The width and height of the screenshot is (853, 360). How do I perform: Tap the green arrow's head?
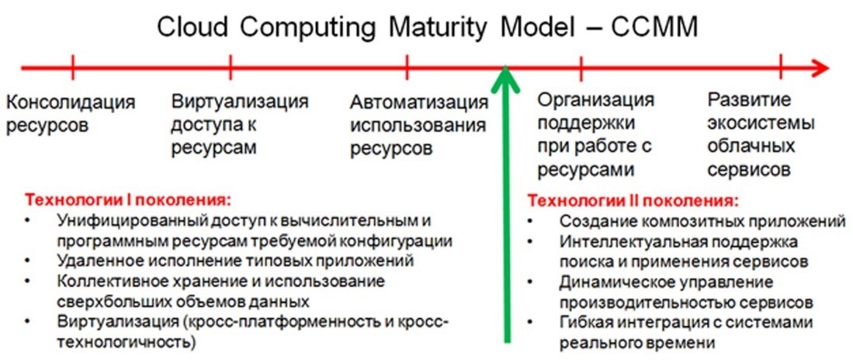507,79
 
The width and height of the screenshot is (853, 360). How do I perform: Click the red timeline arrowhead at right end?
817,69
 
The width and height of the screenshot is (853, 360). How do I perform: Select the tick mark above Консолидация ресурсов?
72,69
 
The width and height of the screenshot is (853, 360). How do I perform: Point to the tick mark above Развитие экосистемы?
781,69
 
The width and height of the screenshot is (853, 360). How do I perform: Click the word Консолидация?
71,102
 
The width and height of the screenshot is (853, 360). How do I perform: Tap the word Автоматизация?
418,102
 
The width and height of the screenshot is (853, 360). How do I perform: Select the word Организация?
595,101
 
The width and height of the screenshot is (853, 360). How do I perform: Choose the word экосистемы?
761,123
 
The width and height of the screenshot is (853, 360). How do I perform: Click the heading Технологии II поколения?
633,200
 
